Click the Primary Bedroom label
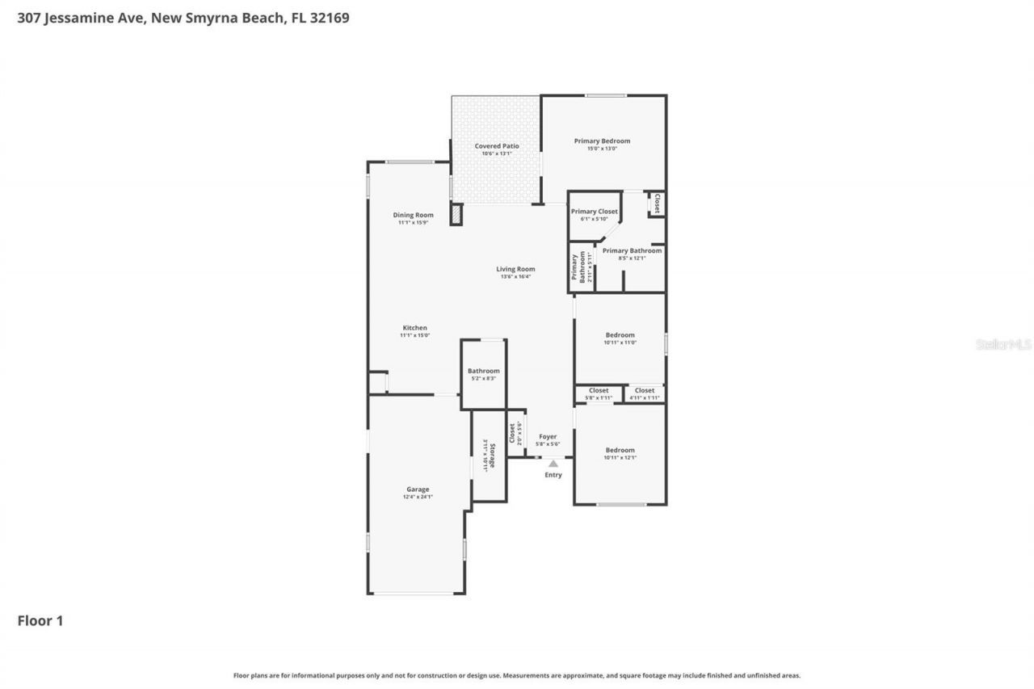click(602, 141)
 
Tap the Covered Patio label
click(497, 146)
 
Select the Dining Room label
click(413, 216)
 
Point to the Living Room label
click(515, 270)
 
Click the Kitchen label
click(414, 328)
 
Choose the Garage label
click(418, 489)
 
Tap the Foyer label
click(548, 437)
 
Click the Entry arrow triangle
click(553, 464)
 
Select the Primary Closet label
click(594, 212)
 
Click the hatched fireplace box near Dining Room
click(456, 214)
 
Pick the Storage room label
click(491, 456)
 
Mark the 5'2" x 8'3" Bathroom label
click(483, 372)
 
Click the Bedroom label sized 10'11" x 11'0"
click(620, 335)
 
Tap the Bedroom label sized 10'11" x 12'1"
click(620, 451)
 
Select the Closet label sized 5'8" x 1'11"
click(599, 391)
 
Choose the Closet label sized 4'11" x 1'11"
click(645, 391)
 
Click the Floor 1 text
click(40, 621)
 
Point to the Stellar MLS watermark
click(1003, 344)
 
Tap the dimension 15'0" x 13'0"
click(602, 149)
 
